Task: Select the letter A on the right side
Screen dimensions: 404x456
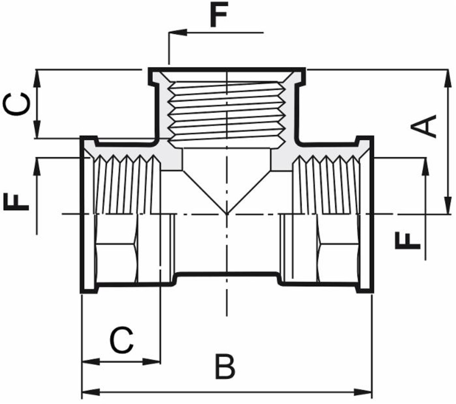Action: [x=425, y=126]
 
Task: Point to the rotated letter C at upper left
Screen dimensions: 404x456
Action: [x=17, y=104]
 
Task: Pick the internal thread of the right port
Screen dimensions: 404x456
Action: [x=326, y=184]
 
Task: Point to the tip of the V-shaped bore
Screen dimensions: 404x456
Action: [x=227, y=213]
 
